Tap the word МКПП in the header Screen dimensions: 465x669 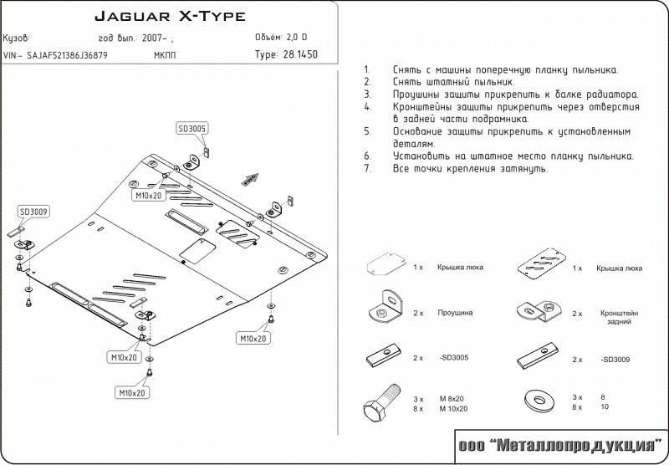[166, 55]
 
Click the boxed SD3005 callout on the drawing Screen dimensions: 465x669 [192, 129]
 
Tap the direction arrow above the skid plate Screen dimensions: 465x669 [249, 177]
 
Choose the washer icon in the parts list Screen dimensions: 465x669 [541, 399]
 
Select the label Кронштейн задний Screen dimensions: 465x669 [619, 317]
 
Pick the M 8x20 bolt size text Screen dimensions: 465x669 [452, 399]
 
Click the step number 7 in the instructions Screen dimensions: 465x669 [366, 168]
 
